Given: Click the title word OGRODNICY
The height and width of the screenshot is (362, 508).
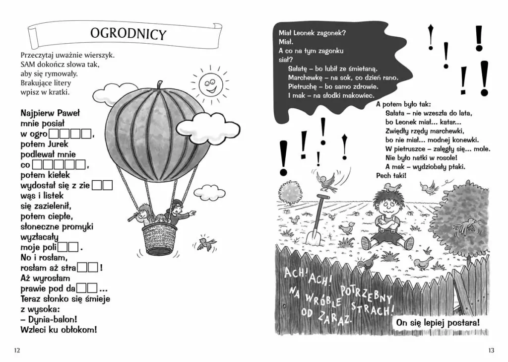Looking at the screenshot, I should click(128, 33).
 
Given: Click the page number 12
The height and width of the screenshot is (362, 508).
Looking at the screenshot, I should click(17, 350).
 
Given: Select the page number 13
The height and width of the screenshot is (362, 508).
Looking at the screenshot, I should click(491, 350).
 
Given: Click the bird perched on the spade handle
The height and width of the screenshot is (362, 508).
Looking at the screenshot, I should click(327, 181).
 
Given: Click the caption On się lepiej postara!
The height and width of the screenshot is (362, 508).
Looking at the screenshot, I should click(437, 323).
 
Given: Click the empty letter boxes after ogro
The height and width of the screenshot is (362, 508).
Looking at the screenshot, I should click(71, 134).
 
